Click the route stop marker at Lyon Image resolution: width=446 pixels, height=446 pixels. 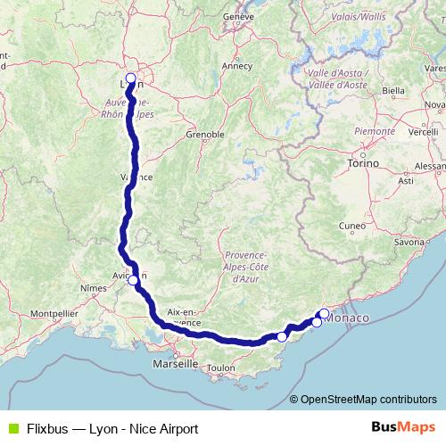[x=130, y=78]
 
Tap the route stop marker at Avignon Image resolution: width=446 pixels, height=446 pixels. [x=133, y=280]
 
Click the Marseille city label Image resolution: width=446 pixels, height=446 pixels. [x=175, y=364]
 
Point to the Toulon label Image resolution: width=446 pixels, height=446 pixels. [x=219, y=368]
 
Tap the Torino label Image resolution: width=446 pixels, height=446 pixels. [x=365, y=164]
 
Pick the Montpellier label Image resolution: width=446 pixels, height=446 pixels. [x=54, y=314]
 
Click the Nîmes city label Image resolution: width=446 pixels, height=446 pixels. [x=93, y=288]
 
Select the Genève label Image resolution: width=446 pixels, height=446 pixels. [x=239, y=16]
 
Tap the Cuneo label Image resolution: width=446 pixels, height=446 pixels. [x=353, y=226]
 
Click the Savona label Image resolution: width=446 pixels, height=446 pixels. [x=409, y=242]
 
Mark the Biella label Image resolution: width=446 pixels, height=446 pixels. [x=392, y=90]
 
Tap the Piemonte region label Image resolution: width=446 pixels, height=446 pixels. [x=374, y=130]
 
